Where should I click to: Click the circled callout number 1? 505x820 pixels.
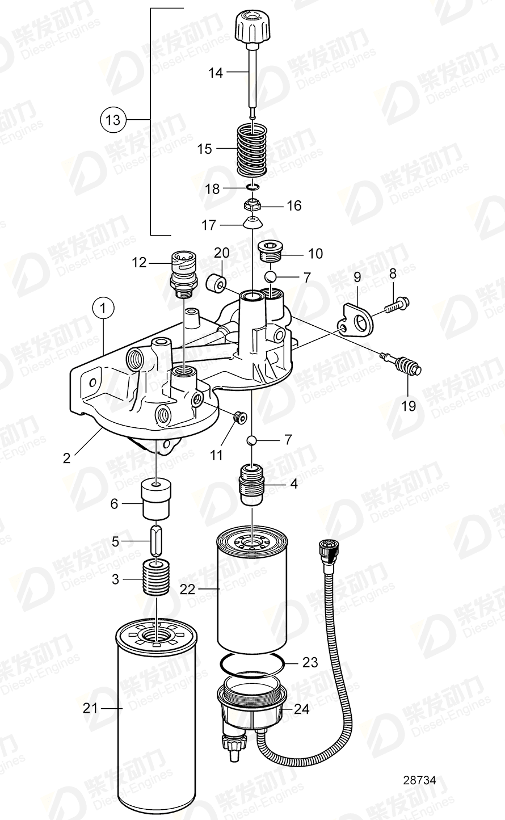click(103, 309)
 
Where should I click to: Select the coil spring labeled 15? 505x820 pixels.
click(251, 151)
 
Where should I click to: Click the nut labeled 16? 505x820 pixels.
click(251, 204)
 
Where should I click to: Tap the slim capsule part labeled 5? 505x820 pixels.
click(156, 541)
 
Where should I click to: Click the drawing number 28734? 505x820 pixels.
click(420, 781)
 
